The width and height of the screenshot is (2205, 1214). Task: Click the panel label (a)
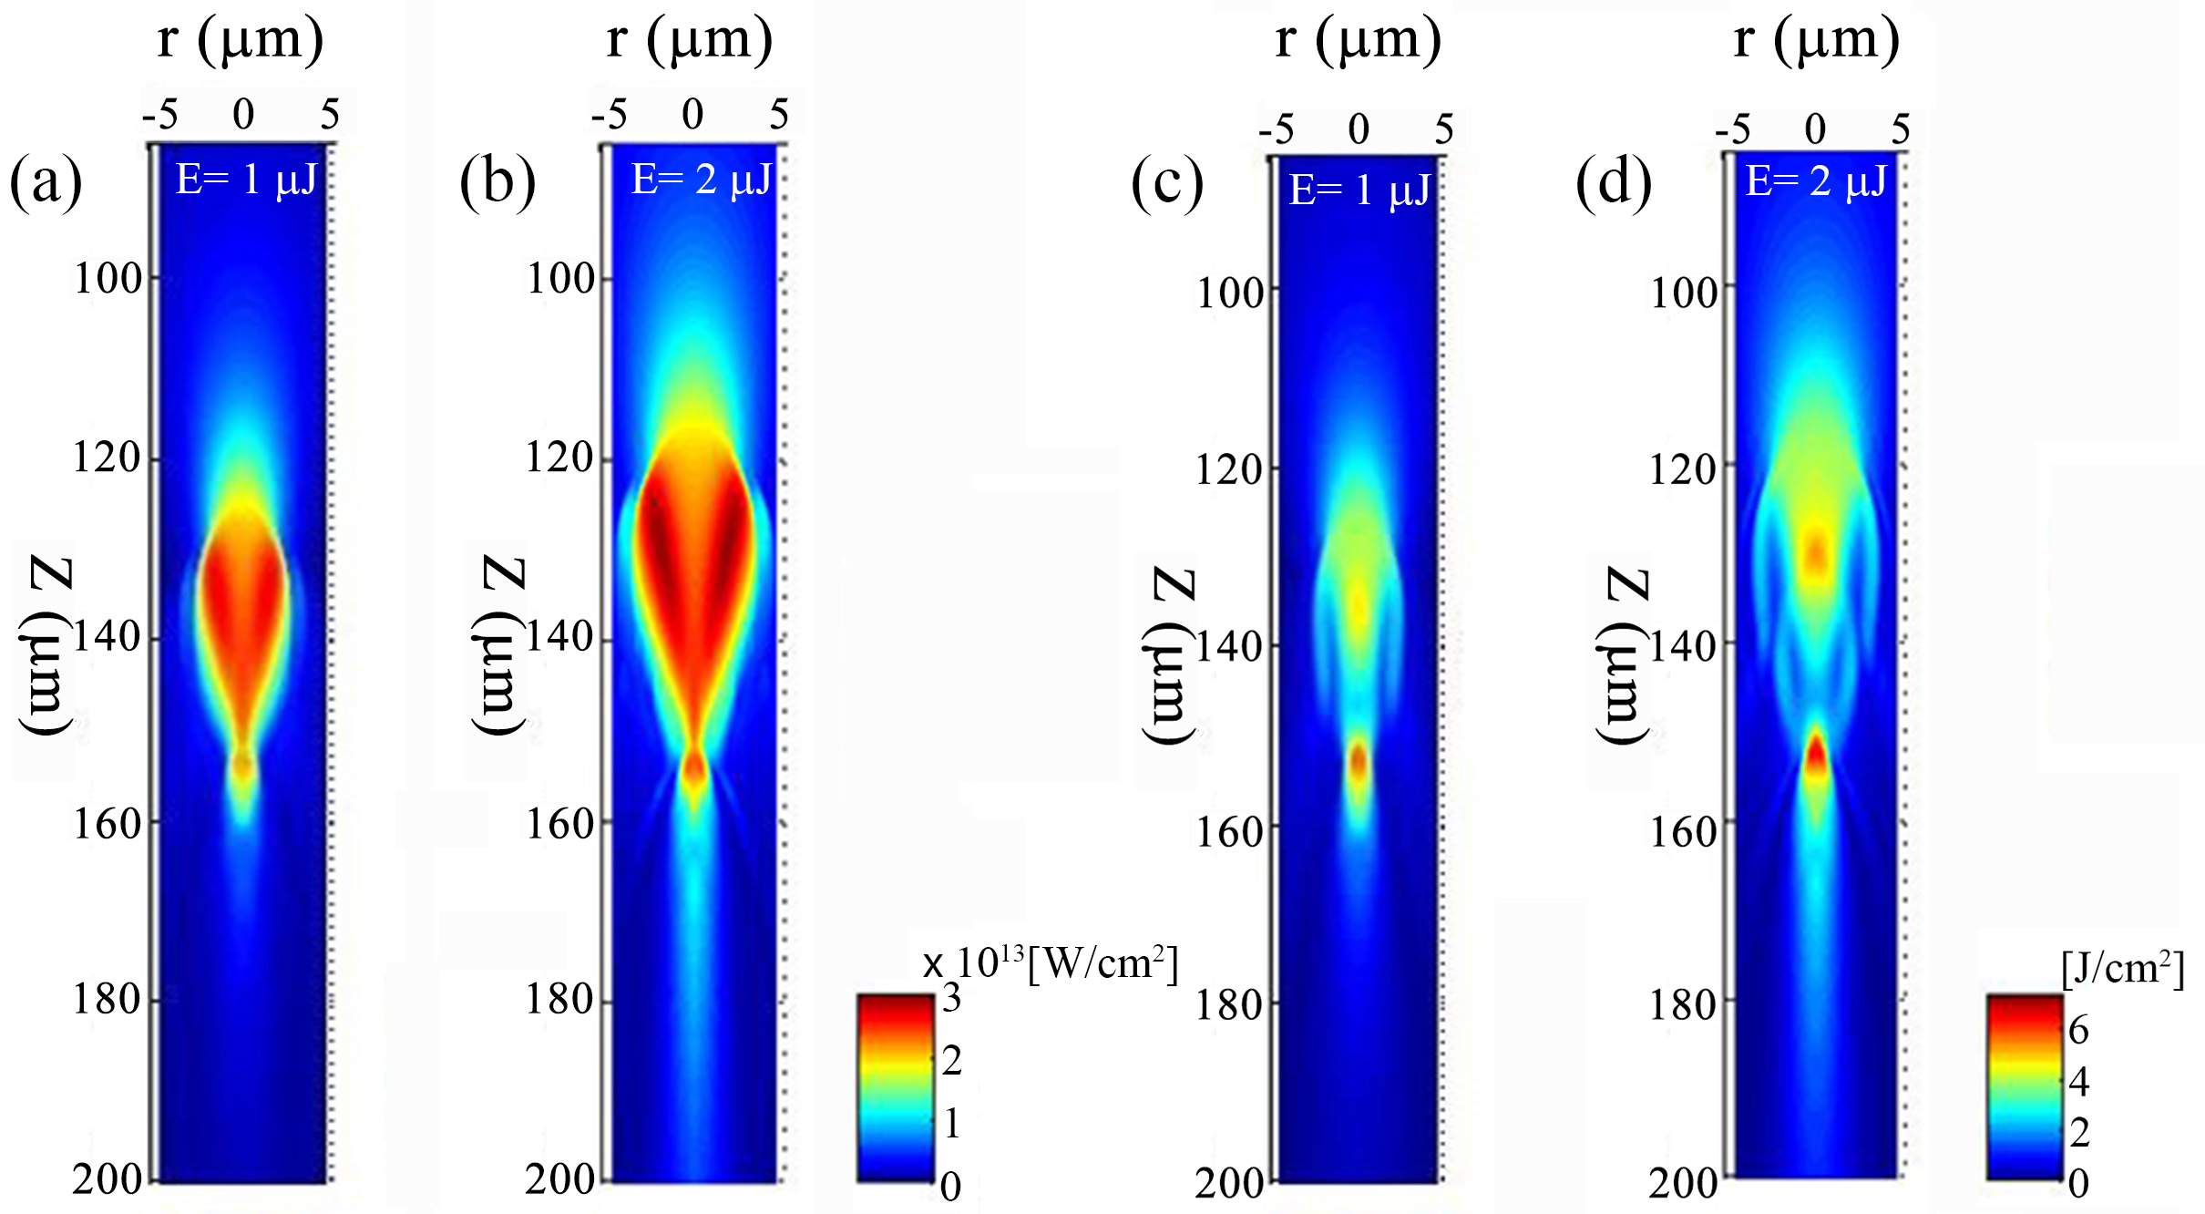(x=46, y=181)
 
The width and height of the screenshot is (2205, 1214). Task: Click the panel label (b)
(x=497, y=181)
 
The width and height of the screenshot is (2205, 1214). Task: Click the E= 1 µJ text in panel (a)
(x=246, y=180)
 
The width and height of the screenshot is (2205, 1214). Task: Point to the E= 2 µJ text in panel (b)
(x=702, y=180)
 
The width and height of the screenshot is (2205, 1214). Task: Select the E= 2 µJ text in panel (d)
(x=1816, y=181)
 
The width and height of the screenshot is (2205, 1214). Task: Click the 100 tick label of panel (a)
(x=108, y=278)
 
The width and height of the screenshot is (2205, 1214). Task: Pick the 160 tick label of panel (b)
(x=559, y=824)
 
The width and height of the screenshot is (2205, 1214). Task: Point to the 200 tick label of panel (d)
(x=1682, y=1183)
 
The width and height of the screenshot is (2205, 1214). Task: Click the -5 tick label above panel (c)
(x=1277, y=129)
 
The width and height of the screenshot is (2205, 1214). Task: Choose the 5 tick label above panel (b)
(x=778, y=115)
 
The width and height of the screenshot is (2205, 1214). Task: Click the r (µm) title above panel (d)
(x=1816, y=39)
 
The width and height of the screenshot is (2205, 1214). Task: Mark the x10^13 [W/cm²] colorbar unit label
(x=1051, y=963)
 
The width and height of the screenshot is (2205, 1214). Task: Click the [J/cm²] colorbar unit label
(x=2122, y=968)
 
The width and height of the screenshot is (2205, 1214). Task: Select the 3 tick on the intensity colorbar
(x=951, y=999)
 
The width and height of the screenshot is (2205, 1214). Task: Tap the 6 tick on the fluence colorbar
(x=2078, y=1030)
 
